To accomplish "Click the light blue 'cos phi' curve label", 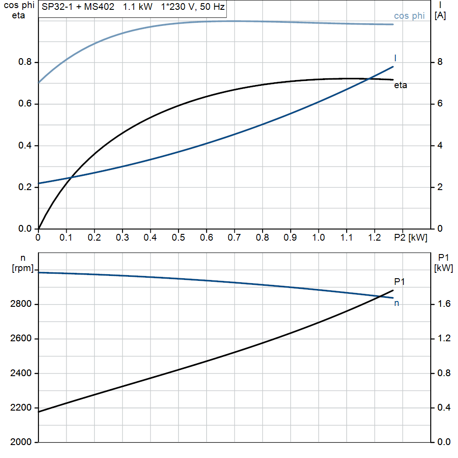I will pyautogui.click(x=409, y=16).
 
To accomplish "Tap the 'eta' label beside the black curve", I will pyautogui.click(x=401, y=85).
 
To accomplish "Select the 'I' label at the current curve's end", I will pyautogui.click(x=395, y=58).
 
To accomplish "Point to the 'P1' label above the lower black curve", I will pyautogui.click(x=399, y=281).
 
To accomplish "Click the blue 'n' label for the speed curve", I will pyautogui.click(x=396, y=303).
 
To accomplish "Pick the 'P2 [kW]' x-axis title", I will pyautogui.click(x=411, y=237).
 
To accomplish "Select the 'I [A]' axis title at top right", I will pyautogui.click(x=440, y=10).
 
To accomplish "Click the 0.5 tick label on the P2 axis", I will pyautogui.click(x=178, y=237).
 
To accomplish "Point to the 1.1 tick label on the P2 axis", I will pyautogui.click(x=346, y=237).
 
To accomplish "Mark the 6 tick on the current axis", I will pyautogui.click(x=440, y=104).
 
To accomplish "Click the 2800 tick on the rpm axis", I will pyautogui.click(x=21, y=305).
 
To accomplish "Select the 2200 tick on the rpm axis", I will pyautogui.click(x=21, y=408).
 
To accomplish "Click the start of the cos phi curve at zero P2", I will pyautogui.click(x=39, y=82).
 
